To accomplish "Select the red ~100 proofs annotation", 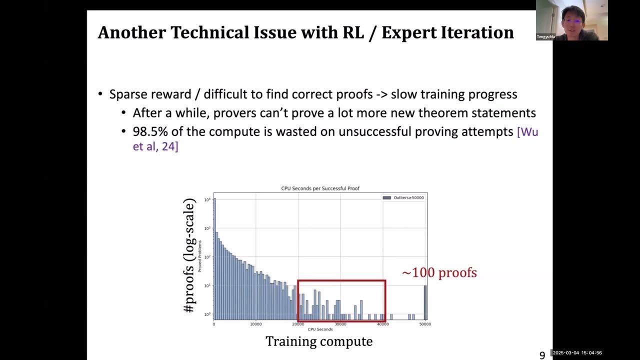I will click(x=439, y=273).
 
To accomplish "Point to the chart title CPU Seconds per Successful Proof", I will click(x=320, y=188).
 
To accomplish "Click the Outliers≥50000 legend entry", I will click(x=404, y=197).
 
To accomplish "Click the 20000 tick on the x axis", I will click(x=298, y=324).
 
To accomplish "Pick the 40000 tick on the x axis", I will click(x=383, y=324).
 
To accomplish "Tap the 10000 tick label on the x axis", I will click(x=255, y=324).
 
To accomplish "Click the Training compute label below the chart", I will click(x=319, y=341).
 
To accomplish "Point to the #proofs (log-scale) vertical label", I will click(x=189, y=256).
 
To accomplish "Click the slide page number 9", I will click(x=542, y=355).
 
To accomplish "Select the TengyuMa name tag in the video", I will click(x=545, y=37).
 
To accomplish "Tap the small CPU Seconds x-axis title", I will click(x=320, y=329).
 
